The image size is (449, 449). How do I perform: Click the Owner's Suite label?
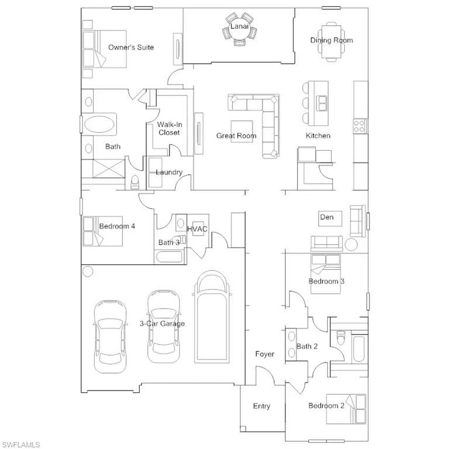(x=131, y=47)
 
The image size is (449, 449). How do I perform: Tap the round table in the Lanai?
(x=239, y=30)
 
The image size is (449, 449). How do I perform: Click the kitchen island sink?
(x=322, y=103)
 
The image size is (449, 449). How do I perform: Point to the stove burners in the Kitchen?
(x=359, y=126)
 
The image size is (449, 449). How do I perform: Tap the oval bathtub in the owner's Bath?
(x=98, y=125)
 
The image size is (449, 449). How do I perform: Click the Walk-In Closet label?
(x=169, y=129)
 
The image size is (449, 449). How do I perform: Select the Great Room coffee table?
(x=242, y=132)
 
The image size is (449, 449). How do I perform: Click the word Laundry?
(x=169, y=172)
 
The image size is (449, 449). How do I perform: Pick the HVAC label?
(x=197, y=229)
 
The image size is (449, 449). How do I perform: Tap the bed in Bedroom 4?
(x=102, y=231)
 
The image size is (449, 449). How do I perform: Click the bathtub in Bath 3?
(x=169, y=257)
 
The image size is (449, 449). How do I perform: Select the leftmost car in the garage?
(x=110, y=337)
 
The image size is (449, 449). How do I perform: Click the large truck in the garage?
(x=212, y=317)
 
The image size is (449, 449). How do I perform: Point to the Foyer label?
(x=265, y=354)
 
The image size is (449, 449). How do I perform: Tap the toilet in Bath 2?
(x=340, y=337)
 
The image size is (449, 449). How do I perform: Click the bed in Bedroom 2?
(x=347, y=409)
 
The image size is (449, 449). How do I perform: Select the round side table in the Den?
(x=351, y=245)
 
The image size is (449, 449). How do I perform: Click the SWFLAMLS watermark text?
(x=20, y=445)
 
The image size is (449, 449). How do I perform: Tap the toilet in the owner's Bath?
(x=134, y=182)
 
